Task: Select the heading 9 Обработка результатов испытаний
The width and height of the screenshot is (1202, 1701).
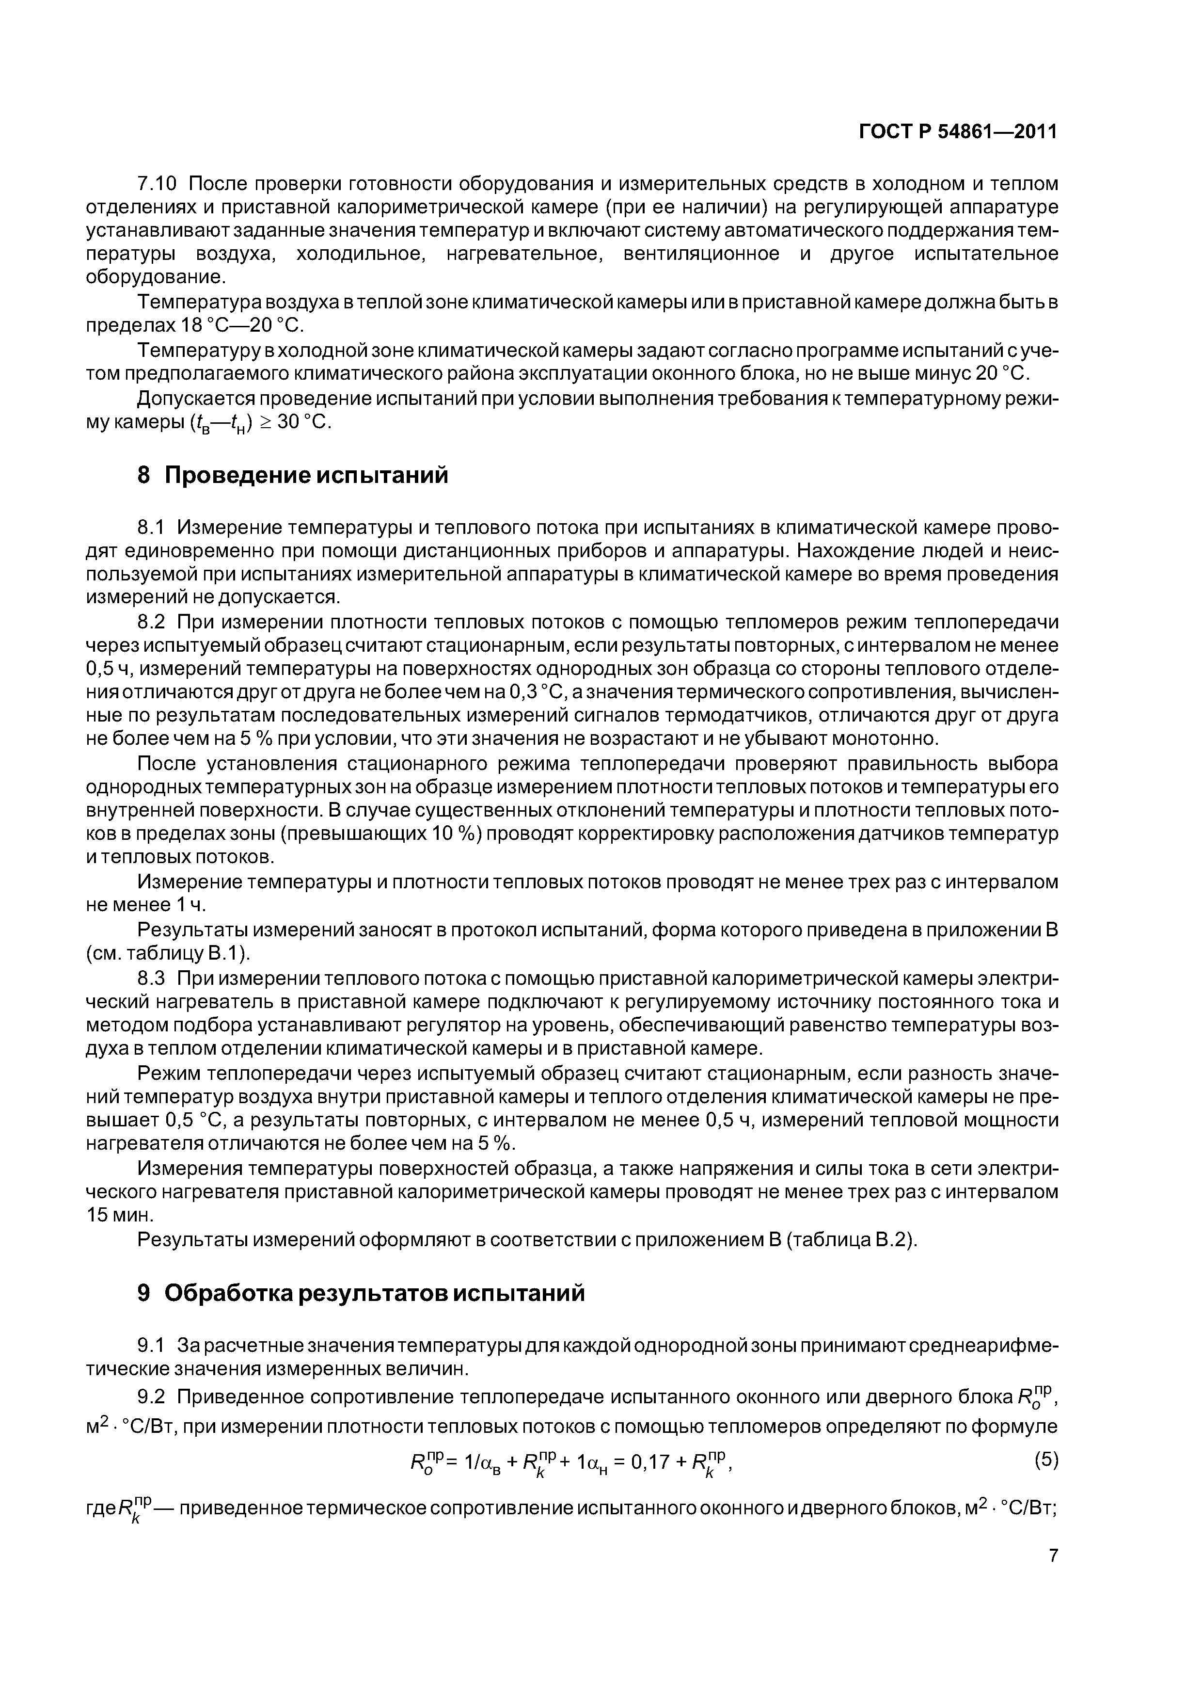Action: tap(362, 1292)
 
